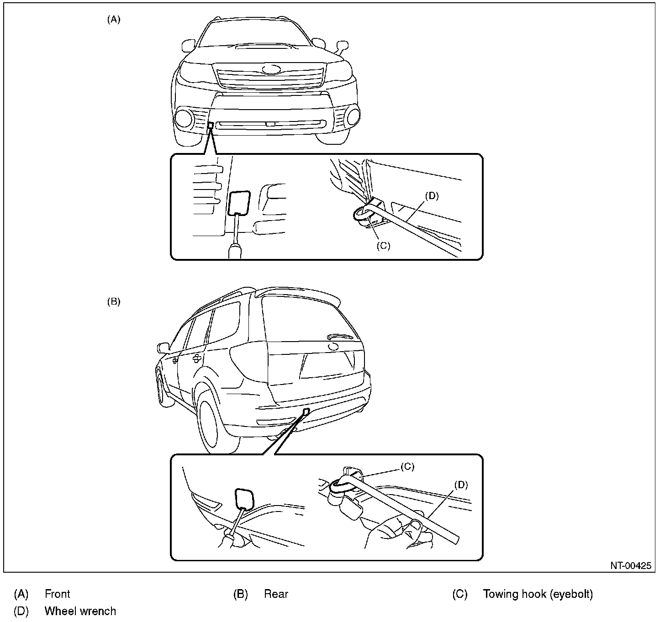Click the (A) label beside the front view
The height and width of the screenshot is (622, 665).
point(114,20)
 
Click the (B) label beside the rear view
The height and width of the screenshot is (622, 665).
point(114,302)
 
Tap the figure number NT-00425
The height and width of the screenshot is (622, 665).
point(631,566)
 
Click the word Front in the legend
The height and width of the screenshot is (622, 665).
point(58,594)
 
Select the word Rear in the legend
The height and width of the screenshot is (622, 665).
point(276,594)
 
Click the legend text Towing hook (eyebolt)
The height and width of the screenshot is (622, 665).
point(538,594)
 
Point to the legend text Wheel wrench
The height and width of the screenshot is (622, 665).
point(80,611)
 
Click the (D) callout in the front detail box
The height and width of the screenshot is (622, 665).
point(432,196)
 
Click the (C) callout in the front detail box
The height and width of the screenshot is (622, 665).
point(383,245)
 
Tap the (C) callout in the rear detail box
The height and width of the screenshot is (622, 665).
point(407,466)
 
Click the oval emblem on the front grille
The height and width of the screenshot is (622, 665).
point(272,70)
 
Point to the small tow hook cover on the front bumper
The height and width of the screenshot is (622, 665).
point(210,125)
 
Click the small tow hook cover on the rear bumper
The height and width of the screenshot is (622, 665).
point(306,411)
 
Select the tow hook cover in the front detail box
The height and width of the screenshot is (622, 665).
point(238,203)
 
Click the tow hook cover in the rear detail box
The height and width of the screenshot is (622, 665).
point(245,499)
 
